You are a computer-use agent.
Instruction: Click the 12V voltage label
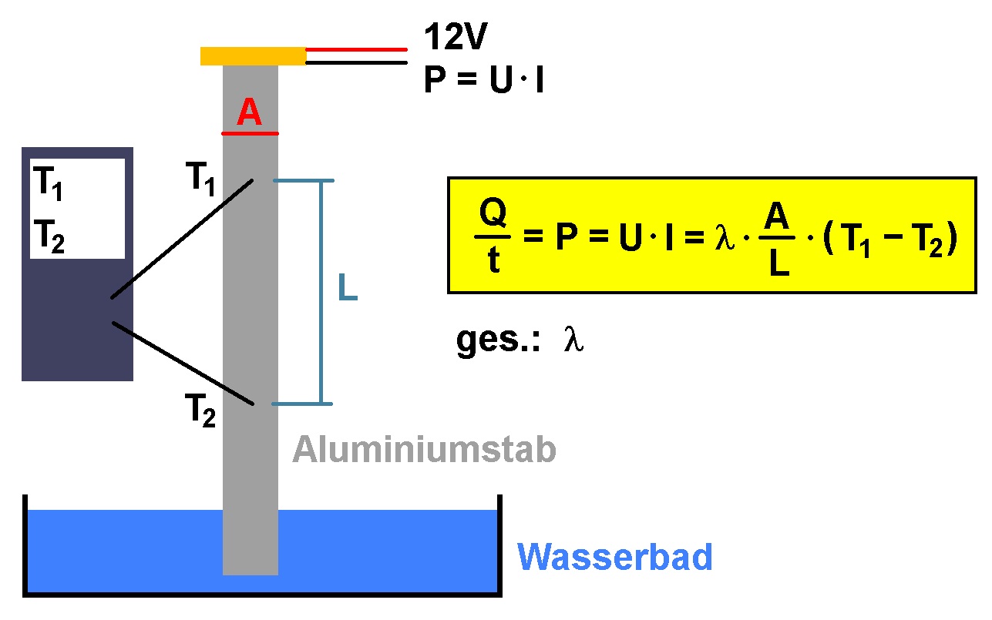coord(456,36)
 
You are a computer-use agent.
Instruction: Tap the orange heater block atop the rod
coord(253,56)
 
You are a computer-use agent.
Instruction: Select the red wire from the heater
coord(357,49)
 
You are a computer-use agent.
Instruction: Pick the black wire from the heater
coord(357,62)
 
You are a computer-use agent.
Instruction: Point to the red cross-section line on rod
coord(251,133)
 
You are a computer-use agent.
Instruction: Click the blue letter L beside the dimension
coord(348,287)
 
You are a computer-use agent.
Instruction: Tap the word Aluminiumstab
coord(424,450)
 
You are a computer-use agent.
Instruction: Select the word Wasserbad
coord(614,557)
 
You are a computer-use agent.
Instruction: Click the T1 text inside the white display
coord(48,183)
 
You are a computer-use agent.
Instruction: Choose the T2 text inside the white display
coord(49,236)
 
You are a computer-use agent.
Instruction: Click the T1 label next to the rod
coord(200,179)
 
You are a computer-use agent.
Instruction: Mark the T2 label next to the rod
coord(200,411)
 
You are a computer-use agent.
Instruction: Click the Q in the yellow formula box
coord(493,213)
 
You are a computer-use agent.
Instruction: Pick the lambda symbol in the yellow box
coord(725,238)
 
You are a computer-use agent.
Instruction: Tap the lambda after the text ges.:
coord(573,339)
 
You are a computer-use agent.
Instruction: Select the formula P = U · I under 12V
coord(483,79)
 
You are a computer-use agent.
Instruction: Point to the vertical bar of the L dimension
coord(321,292)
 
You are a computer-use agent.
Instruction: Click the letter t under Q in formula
coord(494,259)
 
